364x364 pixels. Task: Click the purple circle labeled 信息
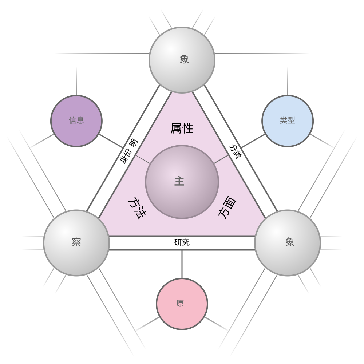coord(76,121)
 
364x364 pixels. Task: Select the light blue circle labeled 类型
coord(288,121)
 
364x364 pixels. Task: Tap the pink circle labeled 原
coord(182,304)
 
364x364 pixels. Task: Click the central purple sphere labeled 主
coord(182,182)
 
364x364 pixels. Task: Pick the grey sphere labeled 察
coord(76,243)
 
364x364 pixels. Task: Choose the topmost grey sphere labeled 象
coord(182,60)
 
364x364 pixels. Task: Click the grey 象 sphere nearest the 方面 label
coord(288,243)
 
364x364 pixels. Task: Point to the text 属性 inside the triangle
coord(182,128)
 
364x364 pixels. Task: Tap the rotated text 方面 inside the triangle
coord(227,208)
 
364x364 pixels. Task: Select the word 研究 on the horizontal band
coord(182,242)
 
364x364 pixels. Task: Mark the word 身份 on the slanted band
coord(126,157)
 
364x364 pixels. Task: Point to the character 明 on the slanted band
coord(133,143)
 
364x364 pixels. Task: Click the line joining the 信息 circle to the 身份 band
coord(111,141)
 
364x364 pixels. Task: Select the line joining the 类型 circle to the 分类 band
coord(253,141)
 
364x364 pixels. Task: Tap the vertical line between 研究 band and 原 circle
coord(182,264)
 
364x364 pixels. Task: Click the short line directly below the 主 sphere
coord(182,227)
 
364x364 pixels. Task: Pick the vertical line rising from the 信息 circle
coord(76,81)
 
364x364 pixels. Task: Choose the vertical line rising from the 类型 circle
coord(288,81)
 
